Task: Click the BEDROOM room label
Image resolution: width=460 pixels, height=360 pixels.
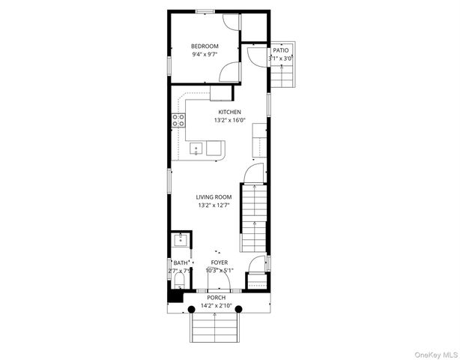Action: (205, 46)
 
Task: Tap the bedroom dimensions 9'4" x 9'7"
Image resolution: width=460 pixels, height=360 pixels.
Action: (205, 55)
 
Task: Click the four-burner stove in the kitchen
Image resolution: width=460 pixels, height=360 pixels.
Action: (179, 121)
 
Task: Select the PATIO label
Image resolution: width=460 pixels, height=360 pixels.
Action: (282, 50)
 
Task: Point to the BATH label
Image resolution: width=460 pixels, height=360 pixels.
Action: (181, 263)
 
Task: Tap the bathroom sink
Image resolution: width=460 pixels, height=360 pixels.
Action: (180, 241)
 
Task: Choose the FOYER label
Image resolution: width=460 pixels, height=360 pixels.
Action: (219, 262)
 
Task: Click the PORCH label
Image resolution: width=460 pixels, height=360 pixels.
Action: (216, 298)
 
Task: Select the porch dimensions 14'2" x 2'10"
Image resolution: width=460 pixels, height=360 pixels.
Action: (216, 306)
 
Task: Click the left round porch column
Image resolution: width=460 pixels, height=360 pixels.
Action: (190, 307)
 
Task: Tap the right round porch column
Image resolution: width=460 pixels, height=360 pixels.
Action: (241, 307)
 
